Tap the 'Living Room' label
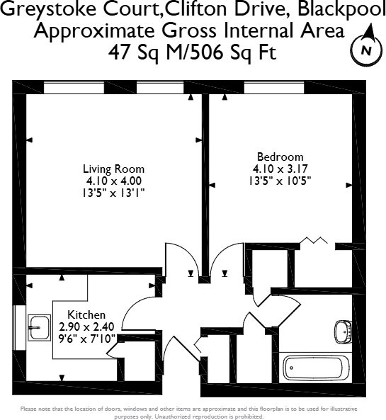tap(113, 169)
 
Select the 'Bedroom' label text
tap(280, 157)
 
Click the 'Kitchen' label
tap(86, 314)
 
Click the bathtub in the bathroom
tap(314, 368)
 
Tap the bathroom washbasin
tap(342, 330)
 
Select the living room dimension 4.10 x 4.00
tap(113, 181)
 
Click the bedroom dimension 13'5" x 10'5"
tap(281, 180)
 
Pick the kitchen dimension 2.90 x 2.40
tap(86, 327)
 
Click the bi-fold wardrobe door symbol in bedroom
tap(312, 242)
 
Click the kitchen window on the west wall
tap(17, 328)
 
